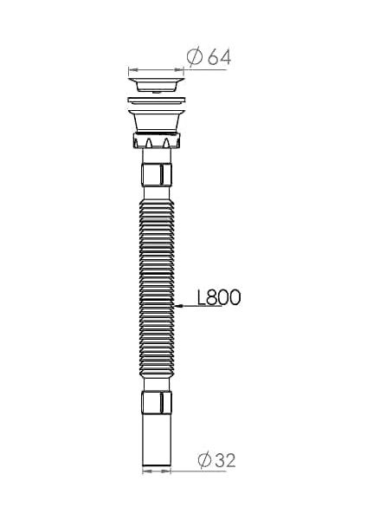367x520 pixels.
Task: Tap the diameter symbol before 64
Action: click(195, 57)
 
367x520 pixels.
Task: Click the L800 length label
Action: click(218, 297)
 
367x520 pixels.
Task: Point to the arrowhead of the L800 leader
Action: click(177, 306)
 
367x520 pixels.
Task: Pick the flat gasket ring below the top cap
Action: click(157, 101)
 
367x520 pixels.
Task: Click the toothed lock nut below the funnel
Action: click(157, 141)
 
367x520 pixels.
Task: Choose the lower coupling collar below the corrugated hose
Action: click(157, 403)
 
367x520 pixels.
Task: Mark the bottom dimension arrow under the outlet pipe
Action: click(157, 471)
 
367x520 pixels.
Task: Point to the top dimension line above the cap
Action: click(157, 69)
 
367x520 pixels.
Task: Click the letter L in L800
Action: click(203, 297)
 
